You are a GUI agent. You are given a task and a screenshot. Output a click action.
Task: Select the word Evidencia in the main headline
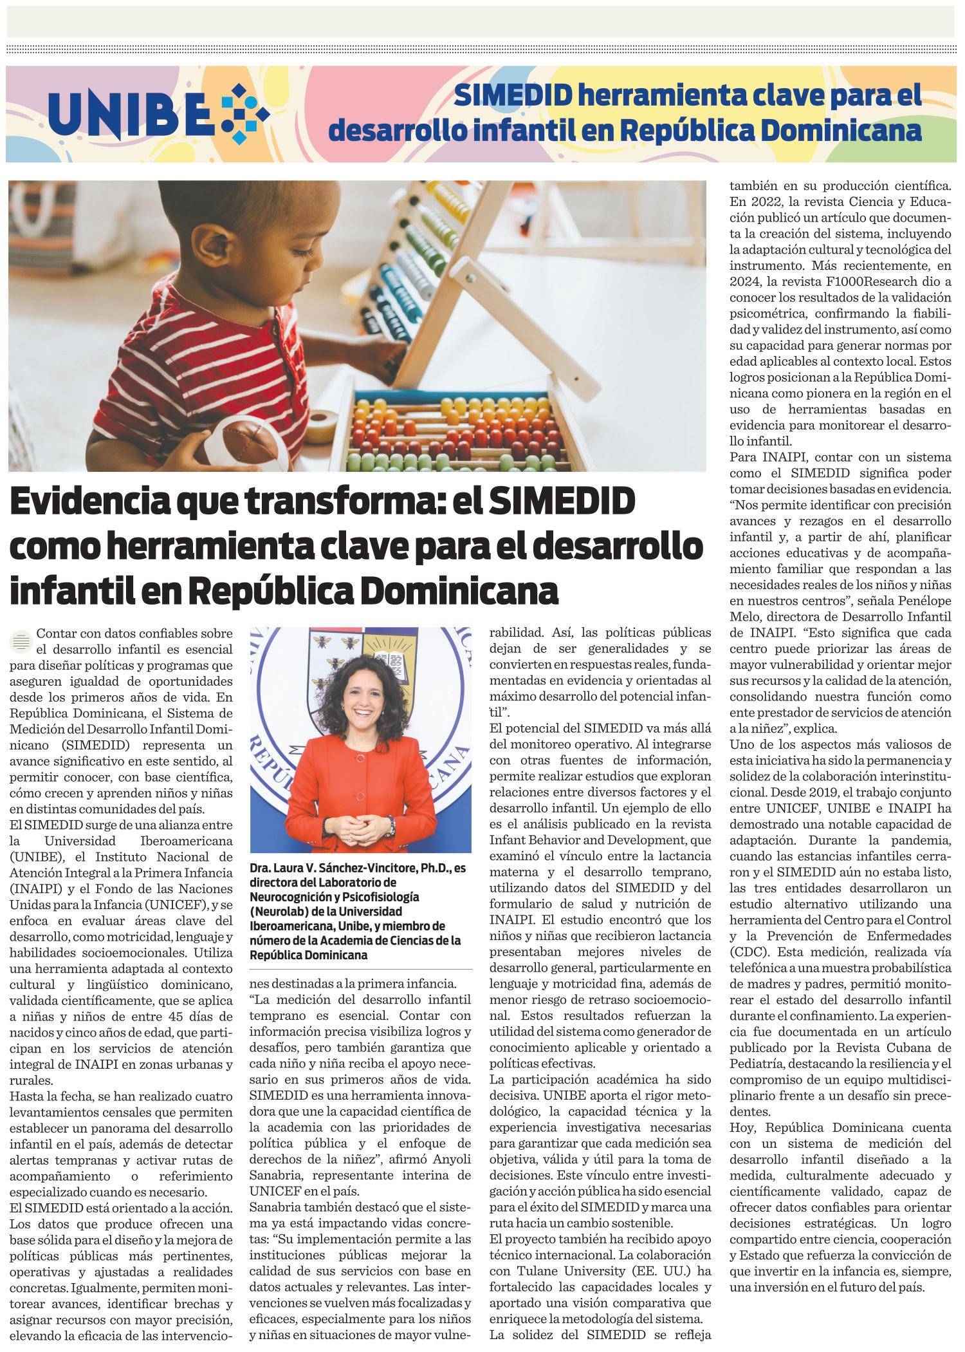[90, 503]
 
